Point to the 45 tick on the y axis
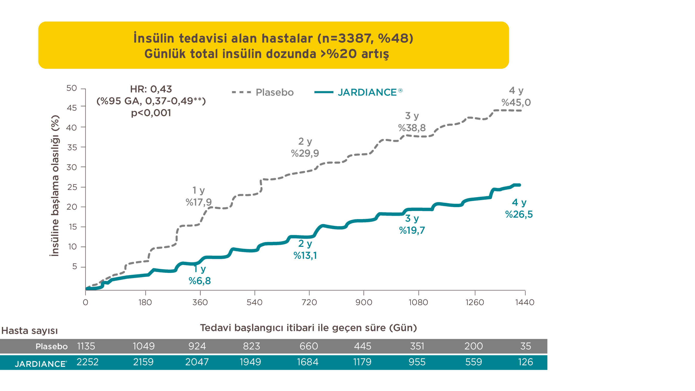click(72, 108)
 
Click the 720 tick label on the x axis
click(309, 302)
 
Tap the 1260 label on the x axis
click(475, 302)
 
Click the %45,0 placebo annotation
click(516, 103)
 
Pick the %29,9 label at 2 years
click(305, 153)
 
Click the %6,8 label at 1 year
click(200, 281)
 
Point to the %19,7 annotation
click(412, 230)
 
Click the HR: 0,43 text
click(151, 89)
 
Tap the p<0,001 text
click(151, 113)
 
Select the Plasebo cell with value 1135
click(86, 346)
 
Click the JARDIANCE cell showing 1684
click(308, 362)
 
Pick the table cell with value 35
click(525, 346)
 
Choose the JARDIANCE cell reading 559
click(473, 362)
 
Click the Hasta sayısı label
click(29, 331)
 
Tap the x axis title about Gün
click(308, 328)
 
